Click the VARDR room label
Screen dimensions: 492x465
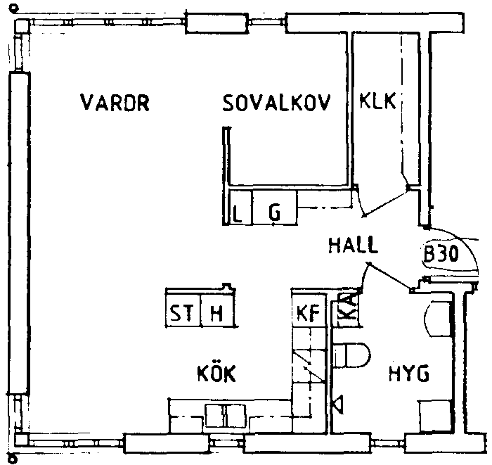coord(115,103)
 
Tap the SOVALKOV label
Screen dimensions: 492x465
coord(277,103)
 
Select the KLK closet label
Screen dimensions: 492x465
coord(377,101)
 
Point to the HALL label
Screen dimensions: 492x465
coord(353,245)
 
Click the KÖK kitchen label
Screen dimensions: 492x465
coord(216,373)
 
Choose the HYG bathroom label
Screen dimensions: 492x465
coord(409,374)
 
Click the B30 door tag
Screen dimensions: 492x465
coord(441,253)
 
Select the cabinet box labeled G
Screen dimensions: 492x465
coord(275,208)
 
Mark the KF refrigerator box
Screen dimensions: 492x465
coord(308,312)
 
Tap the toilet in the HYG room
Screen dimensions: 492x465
coord(351,355)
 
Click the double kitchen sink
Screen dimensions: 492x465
coord(226,416)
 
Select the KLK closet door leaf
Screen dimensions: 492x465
coord(387,202)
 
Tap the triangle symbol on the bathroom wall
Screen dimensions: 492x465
coord(338,405)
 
